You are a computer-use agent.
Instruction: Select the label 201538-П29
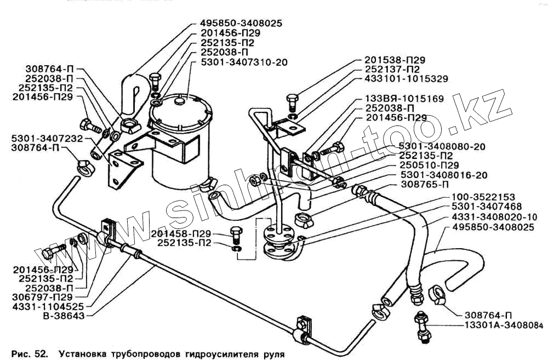tap(395, 60)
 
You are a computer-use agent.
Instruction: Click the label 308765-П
tap(422, 185)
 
